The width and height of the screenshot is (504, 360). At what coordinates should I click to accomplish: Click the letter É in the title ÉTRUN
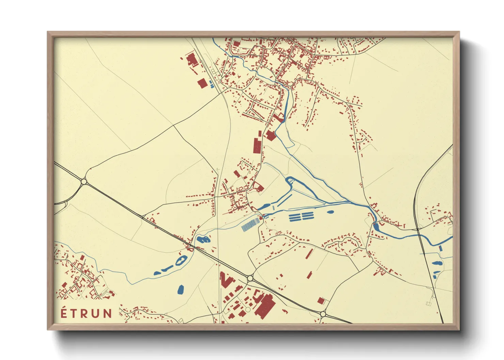(x=64, y=313)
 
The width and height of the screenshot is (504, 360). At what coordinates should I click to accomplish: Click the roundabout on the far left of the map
(x=84, y=182)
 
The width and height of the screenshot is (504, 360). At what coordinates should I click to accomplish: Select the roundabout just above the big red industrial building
(x=250, y=278)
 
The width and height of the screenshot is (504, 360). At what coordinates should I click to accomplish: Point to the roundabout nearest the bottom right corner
(x=322, y=314)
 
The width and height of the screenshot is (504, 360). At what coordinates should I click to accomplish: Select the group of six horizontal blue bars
(x=301, y=216)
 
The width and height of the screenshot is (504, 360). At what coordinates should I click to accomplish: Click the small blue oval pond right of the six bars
(x=330, y=212)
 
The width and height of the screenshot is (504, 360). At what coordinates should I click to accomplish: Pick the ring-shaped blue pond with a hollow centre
(x=180, y=261)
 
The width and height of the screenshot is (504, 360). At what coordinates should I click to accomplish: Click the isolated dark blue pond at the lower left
(x=180, y=290)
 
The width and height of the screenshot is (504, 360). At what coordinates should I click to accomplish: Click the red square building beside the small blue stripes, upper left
(x=202, y=83)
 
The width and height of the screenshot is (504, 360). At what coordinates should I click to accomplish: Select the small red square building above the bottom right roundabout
(x=321, y=300)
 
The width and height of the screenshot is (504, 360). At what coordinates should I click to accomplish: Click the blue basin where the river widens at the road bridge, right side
(x=376, y=226)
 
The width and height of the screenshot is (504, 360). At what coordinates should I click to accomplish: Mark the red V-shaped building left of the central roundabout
(x=225, y=280)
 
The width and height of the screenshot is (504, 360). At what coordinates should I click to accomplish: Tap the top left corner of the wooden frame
(x=49, y=33)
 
